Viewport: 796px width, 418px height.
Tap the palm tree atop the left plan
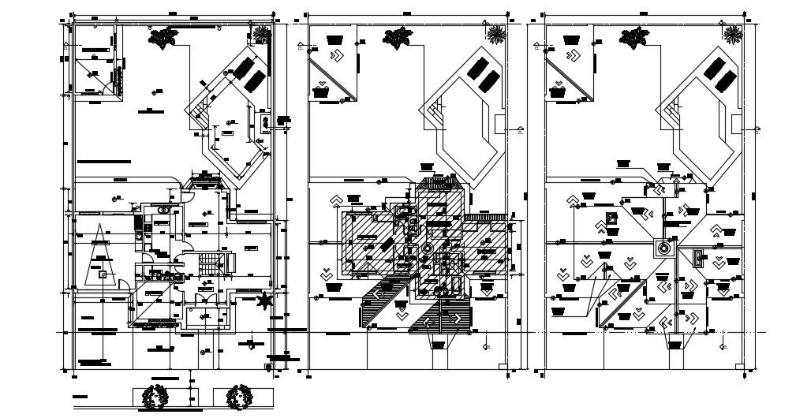164,37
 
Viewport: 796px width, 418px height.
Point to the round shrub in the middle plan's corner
496,35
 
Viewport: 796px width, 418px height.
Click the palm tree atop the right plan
633,37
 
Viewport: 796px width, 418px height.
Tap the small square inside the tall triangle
102,274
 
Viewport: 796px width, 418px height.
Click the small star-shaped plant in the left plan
265,300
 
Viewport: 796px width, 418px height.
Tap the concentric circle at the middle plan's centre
427,248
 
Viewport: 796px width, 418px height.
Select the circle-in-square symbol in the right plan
661,248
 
